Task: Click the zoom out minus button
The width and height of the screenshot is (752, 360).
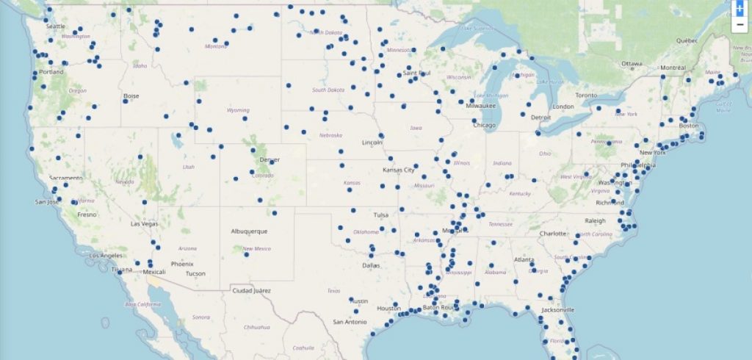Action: coord(740,25)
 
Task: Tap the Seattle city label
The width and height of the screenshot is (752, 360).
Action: coord(55,26)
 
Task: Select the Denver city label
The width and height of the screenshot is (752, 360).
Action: coord(270,159)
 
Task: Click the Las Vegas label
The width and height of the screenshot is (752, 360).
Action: coord(144,223)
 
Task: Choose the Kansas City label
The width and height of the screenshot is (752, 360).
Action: coord(399,170)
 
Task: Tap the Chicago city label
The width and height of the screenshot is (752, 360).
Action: coord(485,125)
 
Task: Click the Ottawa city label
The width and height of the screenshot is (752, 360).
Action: coord(631,64)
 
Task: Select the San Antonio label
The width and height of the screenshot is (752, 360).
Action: coord(349,322)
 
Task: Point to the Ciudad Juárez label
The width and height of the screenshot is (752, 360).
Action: coord(252,290)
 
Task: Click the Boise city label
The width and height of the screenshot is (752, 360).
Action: coord(131,96)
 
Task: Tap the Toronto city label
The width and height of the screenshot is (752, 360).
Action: coord(586,96)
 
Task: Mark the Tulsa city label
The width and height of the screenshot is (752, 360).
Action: coord(380,215)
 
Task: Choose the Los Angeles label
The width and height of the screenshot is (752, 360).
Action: coord(106,255)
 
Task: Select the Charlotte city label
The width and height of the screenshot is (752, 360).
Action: coord(553,234)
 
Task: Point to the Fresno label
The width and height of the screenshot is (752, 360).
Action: coord(87,215)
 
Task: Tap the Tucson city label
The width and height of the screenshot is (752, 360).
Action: coord(195,273)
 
